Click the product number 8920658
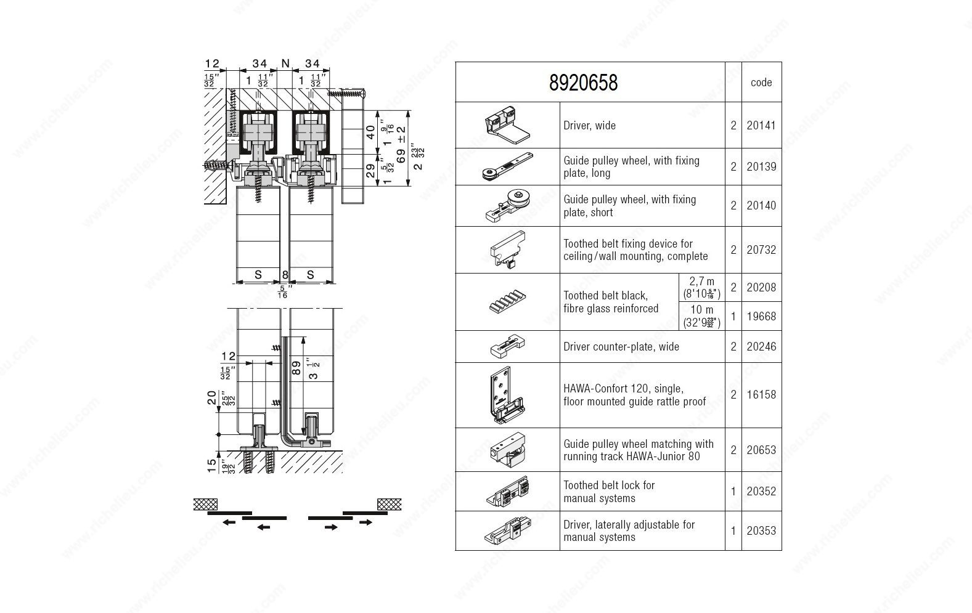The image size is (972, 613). coord(582,83)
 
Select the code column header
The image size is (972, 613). coord(761,83)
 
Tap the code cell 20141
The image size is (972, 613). coord(761,126)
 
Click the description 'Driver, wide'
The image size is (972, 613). coord(589,126)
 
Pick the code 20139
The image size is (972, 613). coord(761,167)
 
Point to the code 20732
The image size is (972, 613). coord(761,250)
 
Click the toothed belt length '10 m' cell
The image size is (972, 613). coord(701,315)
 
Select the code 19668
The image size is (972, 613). coord(761,316)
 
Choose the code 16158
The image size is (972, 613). coord(761,395)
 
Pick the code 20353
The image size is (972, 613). coord(761,530)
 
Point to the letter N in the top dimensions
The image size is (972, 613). coord(285,63)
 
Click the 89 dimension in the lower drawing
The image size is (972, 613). coord(296,368)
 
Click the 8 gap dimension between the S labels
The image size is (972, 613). coord(285,275)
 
